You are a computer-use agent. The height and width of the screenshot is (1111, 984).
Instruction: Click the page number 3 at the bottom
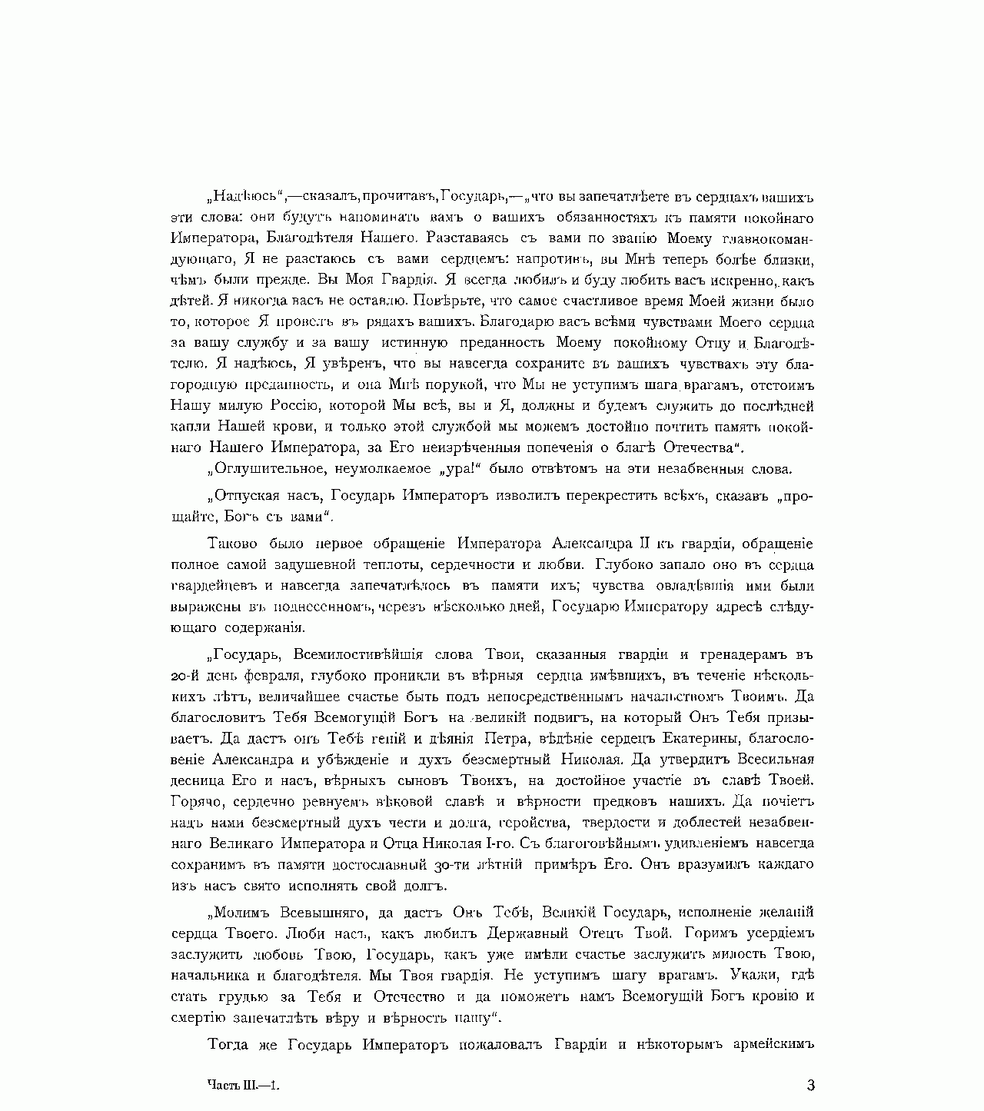(810, 1086)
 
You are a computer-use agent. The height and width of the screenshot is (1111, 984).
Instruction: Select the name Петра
(510, 739)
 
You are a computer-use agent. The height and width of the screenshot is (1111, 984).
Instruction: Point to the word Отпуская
(244, 496)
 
